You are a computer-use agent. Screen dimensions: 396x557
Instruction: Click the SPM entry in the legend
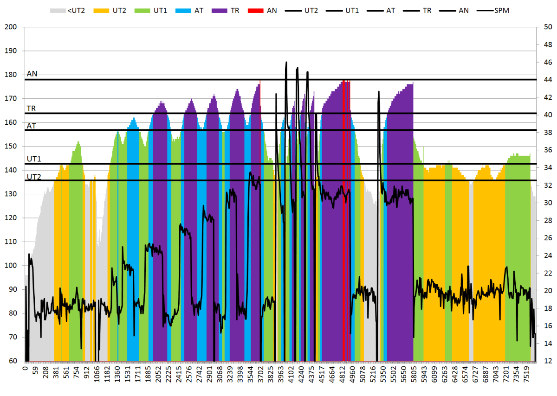502,10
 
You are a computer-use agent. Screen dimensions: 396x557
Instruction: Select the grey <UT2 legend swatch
58,10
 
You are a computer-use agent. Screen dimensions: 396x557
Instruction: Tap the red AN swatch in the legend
256,10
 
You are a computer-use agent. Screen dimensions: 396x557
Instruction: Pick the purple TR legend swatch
219,10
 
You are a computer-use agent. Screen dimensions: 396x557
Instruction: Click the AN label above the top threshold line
32,74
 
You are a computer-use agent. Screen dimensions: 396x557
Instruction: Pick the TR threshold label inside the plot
32,109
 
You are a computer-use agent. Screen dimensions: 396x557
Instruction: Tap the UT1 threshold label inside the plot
34,159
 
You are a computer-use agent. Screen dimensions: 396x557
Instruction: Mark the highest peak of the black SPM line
286,62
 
